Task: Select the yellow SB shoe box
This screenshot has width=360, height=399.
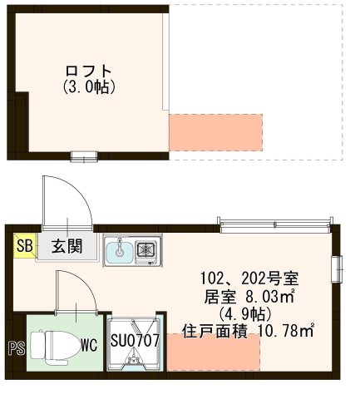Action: (x=25, y=246)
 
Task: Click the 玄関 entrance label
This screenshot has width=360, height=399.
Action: (x=65, y=246)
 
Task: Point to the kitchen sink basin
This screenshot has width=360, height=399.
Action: (x=119, y=249)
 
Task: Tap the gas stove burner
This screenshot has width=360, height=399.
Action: (x=147, y=249)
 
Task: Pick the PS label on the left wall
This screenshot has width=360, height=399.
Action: (x=15, y=348)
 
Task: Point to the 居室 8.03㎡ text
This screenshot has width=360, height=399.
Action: (x=255, y=295)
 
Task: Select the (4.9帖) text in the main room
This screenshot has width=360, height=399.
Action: (x=255, y=313)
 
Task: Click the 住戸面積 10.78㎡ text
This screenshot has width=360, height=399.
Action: (x=259, y=331)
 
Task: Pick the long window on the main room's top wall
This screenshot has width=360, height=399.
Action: (x=274, y=222)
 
